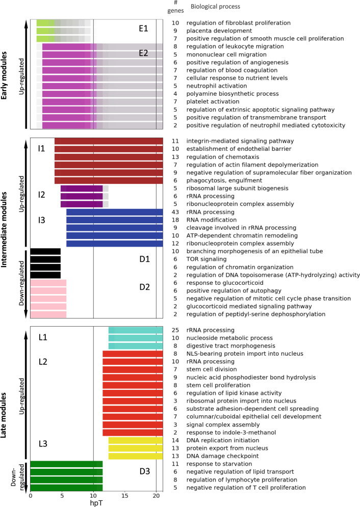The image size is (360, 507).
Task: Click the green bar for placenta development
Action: (46, 31)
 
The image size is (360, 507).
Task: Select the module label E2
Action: (144, 52)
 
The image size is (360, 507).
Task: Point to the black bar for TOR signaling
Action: (45, 259)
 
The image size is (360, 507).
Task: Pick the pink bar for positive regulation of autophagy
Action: (48, 290)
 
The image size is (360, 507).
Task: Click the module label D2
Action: (144, 286)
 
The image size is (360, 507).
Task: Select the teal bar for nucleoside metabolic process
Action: (136, 338)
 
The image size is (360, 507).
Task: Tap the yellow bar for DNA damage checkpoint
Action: (136, 456)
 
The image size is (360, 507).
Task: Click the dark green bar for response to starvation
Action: (66, 464)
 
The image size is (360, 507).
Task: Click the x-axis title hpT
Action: (96, 503)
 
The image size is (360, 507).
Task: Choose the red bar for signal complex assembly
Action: (133, 424)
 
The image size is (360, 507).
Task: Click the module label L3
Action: (43, 443)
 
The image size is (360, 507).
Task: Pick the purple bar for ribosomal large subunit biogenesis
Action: (82, 189)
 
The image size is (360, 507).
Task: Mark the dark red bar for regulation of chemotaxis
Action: (109, 157)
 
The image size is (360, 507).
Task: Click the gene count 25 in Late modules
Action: (175, 330)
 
